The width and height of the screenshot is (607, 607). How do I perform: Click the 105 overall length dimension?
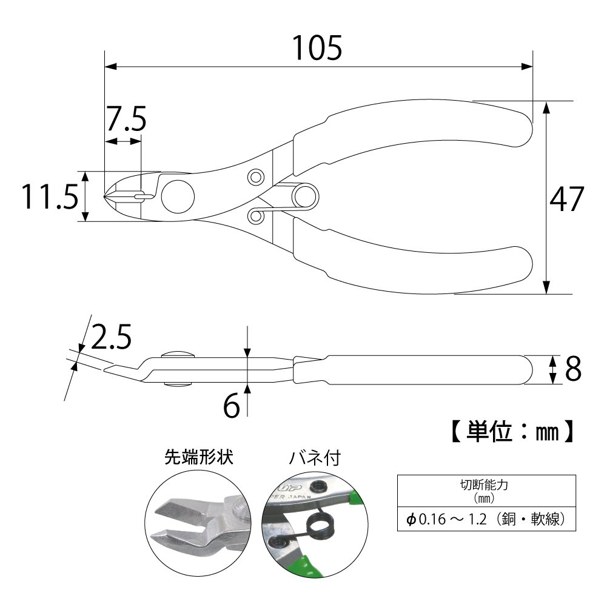317,48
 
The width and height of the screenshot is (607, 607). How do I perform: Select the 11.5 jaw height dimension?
50,196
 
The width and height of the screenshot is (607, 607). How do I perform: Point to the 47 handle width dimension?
566,198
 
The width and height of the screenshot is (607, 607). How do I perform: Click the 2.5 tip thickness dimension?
112,337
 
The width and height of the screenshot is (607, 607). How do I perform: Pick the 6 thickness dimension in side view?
232,406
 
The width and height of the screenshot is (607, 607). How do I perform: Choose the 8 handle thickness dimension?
573,369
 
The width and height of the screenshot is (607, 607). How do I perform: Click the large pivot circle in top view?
178,196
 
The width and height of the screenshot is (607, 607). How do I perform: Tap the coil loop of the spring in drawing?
306,196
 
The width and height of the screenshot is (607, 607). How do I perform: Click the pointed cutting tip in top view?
106,196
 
